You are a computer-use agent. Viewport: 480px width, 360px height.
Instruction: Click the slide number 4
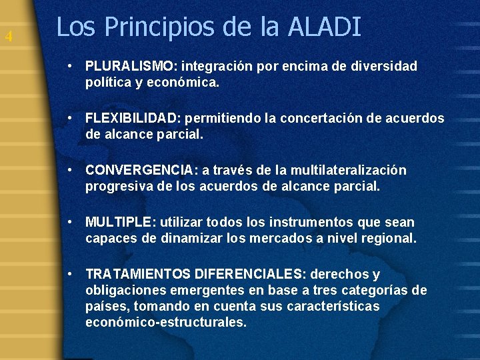tap(8, 37)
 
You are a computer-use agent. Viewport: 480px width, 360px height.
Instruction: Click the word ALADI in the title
tap(325, 27)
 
